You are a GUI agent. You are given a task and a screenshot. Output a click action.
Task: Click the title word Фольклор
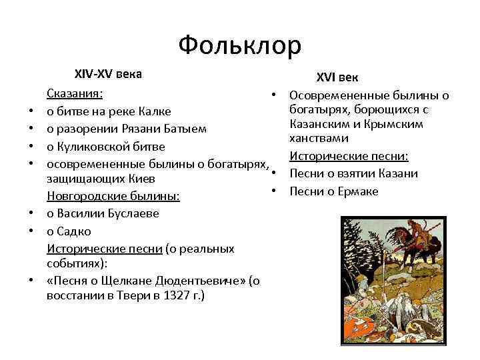click(x=240, y=45)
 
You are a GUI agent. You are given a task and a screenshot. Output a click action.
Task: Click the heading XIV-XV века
click(x=107, y=73)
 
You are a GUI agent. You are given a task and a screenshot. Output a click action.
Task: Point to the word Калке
click(x=155, y=111)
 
